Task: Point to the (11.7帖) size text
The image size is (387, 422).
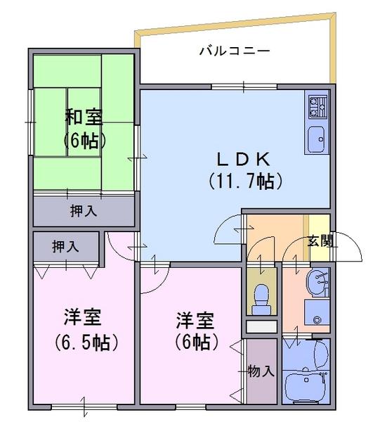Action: pos(245,181)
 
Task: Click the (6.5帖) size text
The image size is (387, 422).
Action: pos(84,343)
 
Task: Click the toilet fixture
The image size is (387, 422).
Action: pos(262,298)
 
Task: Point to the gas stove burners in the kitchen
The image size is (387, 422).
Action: pos(315,106)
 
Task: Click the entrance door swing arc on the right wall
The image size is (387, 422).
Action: pos(348,246)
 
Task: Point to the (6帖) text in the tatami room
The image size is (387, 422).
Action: pos(84,140)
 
